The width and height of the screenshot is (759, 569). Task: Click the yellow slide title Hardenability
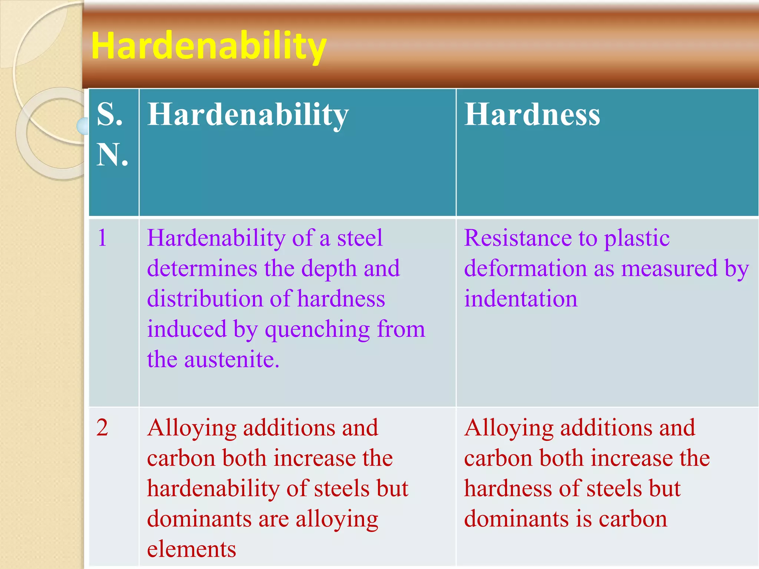point(209,46)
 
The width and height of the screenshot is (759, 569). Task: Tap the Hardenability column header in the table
point(248,114)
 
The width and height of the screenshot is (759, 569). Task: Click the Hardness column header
point(532,114)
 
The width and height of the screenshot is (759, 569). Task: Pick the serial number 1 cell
point(102,237)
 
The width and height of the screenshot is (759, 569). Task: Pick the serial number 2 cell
point(102,427)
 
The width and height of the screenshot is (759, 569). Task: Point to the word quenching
point(317,329)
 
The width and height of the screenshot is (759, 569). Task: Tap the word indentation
point(521,299)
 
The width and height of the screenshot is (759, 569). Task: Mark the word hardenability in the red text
point(213,488)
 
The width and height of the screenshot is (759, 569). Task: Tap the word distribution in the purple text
point(205,299)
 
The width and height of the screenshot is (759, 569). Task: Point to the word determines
point(202,268)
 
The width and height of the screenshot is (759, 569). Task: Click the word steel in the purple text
point(359,237)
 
